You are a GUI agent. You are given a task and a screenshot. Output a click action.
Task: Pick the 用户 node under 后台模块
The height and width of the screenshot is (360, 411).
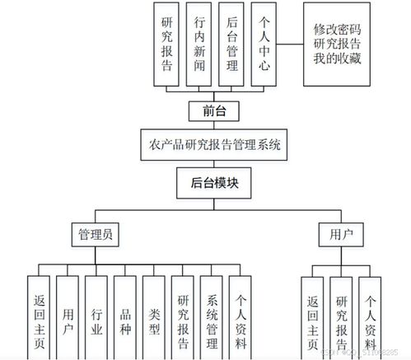[341, 235]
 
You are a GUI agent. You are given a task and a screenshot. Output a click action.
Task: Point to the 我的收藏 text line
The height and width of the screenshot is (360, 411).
[341, 58]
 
